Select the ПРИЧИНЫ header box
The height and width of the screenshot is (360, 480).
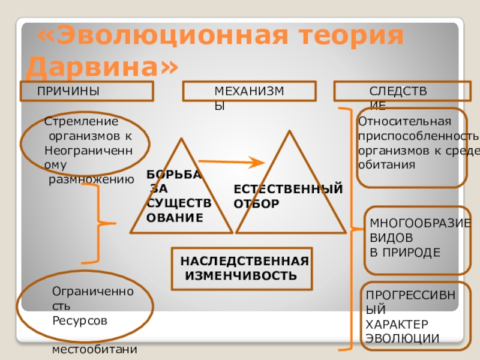pyautogui.click(x=88, y=91)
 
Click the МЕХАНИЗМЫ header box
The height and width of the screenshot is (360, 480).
pyautogui.click(x=250, y=91)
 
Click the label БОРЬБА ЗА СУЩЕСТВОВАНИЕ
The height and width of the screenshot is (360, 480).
pyautogui.click(x=178, y=196)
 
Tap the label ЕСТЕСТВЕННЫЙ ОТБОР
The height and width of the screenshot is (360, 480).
pyautogui.click(x=288, y=196)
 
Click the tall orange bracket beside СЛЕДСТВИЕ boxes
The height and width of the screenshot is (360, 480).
pyautogui.click(x=349, y=228)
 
